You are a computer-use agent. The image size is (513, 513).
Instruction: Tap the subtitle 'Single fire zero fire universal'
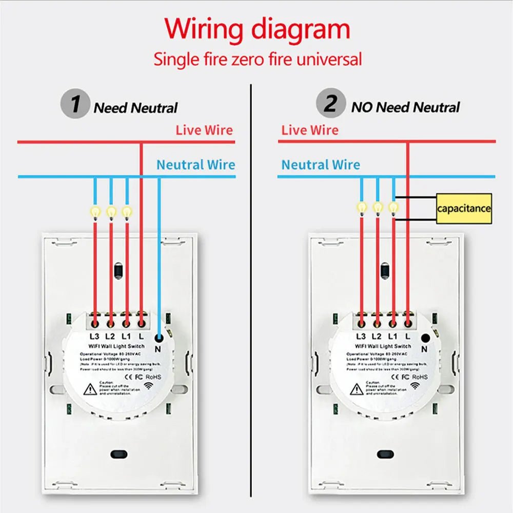click(258, 59)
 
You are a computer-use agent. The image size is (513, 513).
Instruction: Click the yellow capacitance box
click(464, 208)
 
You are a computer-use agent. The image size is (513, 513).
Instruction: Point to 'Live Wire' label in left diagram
click(204, 130)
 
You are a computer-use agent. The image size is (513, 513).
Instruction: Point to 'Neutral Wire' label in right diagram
click(321, 165)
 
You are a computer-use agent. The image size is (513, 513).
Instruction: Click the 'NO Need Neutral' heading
click(405, 107)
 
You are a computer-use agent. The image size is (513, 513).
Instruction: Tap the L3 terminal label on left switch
click(94, 337)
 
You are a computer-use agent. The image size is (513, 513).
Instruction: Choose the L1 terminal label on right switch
click(392, 337)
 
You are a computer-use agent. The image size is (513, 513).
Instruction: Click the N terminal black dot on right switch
click(425, 338)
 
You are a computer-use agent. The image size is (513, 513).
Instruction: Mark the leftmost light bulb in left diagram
click(95, 211)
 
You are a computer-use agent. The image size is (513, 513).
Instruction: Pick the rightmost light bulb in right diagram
click(393, 207)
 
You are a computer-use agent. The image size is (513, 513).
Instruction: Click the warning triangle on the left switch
click(91, 389)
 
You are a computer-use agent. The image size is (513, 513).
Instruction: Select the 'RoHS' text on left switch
click(153, 377)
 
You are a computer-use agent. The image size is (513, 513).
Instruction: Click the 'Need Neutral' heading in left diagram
click(135, 108)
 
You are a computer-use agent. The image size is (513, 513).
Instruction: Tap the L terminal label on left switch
click(141, 337)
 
